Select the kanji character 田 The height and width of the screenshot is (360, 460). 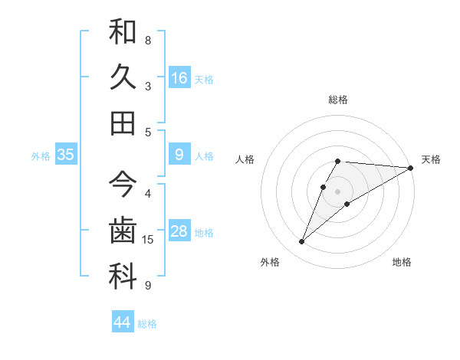pyautogui.click(x=123, y=122)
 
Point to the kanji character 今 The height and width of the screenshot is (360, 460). pyautogui.click(x=123, y=185)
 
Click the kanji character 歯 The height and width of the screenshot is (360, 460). pyautogui.click(x=123, y=231)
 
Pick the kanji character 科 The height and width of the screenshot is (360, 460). pyautogui.click(x=123, y=277)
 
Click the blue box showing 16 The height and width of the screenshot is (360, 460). pyautogui.click(x=179, y=77)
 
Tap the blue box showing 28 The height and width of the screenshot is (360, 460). pyautogui.click(x=179, y=232)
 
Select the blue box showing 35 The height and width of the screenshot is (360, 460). pyautogui.click(x=66, y=155)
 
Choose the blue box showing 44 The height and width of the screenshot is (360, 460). pyautogui.click(x=122, y=322)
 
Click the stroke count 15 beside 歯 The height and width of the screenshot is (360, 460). pyautogui.click(x=148, y=240)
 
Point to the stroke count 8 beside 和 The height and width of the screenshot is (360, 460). pyautogui.click(x=148, y=40)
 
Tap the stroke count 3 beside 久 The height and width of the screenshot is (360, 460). pyautogui.click(x=148, y=86)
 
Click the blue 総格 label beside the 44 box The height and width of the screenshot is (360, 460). pyautogui.click(x=147, y=324)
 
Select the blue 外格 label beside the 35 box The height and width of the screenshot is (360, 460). pyautogui.click(x=41, y=156)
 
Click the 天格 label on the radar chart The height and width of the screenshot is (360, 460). pyautogui.click(x=431, y=159)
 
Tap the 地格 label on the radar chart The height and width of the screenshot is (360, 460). pyautogui.click(x=402, y=262)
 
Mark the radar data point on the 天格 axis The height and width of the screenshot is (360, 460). pyautogui.click(x=411, y=167)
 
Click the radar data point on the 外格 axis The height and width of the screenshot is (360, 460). pyautogui.click(x=302, y=242)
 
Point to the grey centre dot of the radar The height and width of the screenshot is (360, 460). pyautogui.click(x=338, y=191)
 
